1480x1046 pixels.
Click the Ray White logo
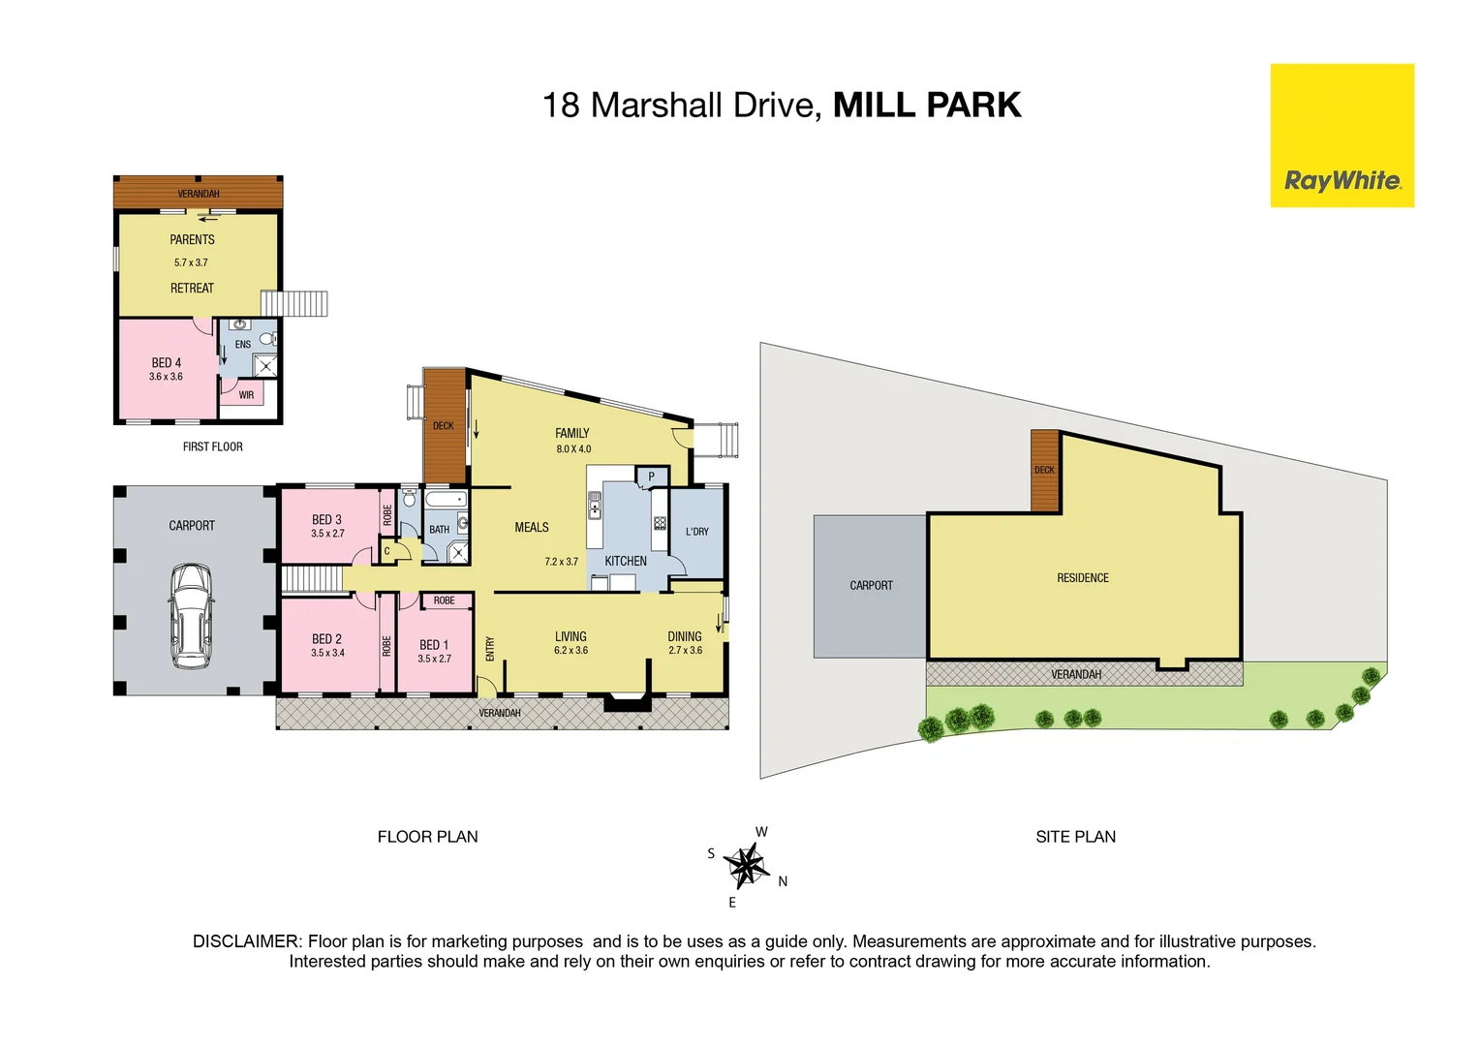click(x=1341, y=180)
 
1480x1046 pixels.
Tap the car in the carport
click(x=191, y=616)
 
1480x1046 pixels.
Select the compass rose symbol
click(x=746, y=865)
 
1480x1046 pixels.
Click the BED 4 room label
click(x=166, y=362)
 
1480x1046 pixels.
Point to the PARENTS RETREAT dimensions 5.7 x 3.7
click(x=191, y=262)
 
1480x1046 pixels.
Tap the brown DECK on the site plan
click(x=1044, y=471)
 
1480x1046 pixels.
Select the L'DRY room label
click(x=696, y=532)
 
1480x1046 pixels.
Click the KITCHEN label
click(x=626, y=561)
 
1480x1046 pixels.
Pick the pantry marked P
click(x=651, y=477)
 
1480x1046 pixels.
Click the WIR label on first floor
click(x=246, y=395)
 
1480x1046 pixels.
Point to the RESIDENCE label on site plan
click(x=1082, y=578)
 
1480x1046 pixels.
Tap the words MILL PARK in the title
click(x=926, y=105)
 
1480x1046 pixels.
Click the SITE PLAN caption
click(x=1075, y=837)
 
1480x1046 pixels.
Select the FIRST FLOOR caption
click(x=212, y=446)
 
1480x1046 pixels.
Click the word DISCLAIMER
click(x=247, y=941)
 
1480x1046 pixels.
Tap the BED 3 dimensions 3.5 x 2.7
click(x=327, y=534)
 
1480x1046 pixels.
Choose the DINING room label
click(x=684, y=636)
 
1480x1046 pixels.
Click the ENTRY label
click(x=490, y=648)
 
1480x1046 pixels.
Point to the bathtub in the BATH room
click(x=446, y=501)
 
